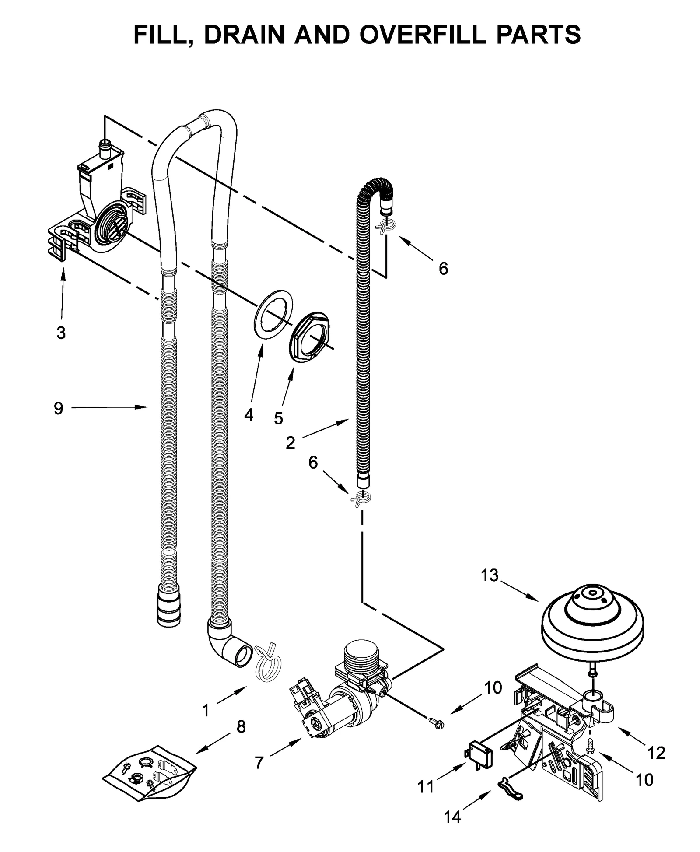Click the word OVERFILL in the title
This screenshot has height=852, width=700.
[421, 35]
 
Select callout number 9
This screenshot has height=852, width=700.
[58, 408]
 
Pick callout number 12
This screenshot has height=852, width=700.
[656, 753]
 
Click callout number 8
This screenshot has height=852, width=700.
[241, 727]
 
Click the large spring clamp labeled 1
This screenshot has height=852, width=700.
[267, 664]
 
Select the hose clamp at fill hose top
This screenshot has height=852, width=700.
[385, 227]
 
